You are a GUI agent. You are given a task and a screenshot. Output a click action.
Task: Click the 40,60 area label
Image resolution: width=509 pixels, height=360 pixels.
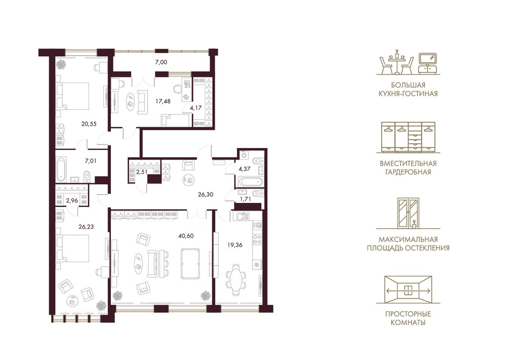pyautogui.click(x=186, y=236)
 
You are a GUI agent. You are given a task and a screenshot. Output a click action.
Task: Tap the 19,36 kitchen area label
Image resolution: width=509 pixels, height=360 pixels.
pyautogui.click(x=235, y=245)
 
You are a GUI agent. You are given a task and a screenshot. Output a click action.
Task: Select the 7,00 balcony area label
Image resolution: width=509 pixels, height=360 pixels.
pyautogui.click(x=161, y=62)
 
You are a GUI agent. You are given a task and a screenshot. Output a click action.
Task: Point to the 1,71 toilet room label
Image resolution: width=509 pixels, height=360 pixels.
pyautogui.click(x=245, y=199)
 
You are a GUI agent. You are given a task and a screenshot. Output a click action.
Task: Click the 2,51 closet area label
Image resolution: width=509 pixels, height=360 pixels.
pyautogui.click(x=142, y=172)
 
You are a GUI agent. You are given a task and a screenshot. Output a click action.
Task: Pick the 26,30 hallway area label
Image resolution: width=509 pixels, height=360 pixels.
pyautogui.click(x=205, y=195)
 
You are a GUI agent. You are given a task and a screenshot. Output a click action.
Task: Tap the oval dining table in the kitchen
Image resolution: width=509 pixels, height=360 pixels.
pyautogui.click(x=235, y=279)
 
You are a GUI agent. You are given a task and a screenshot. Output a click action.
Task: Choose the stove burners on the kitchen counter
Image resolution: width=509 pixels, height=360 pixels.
pyautogui.click(x=258, y=239)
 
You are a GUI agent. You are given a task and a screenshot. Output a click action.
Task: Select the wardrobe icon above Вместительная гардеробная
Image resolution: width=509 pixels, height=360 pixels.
pyautogui.click(x=408, y=137)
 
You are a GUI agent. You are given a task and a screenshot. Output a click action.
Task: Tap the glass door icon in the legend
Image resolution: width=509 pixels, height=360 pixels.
pyautogui.click(x=408, y=213)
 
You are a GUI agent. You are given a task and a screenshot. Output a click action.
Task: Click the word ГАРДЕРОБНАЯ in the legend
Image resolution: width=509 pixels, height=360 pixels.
pyautogui.click(x=408, y=172)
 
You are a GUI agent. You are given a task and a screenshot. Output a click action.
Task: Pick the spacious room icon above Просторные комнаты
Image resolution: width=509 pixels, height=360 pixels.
pyautogui.click(x=408, y=289)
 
